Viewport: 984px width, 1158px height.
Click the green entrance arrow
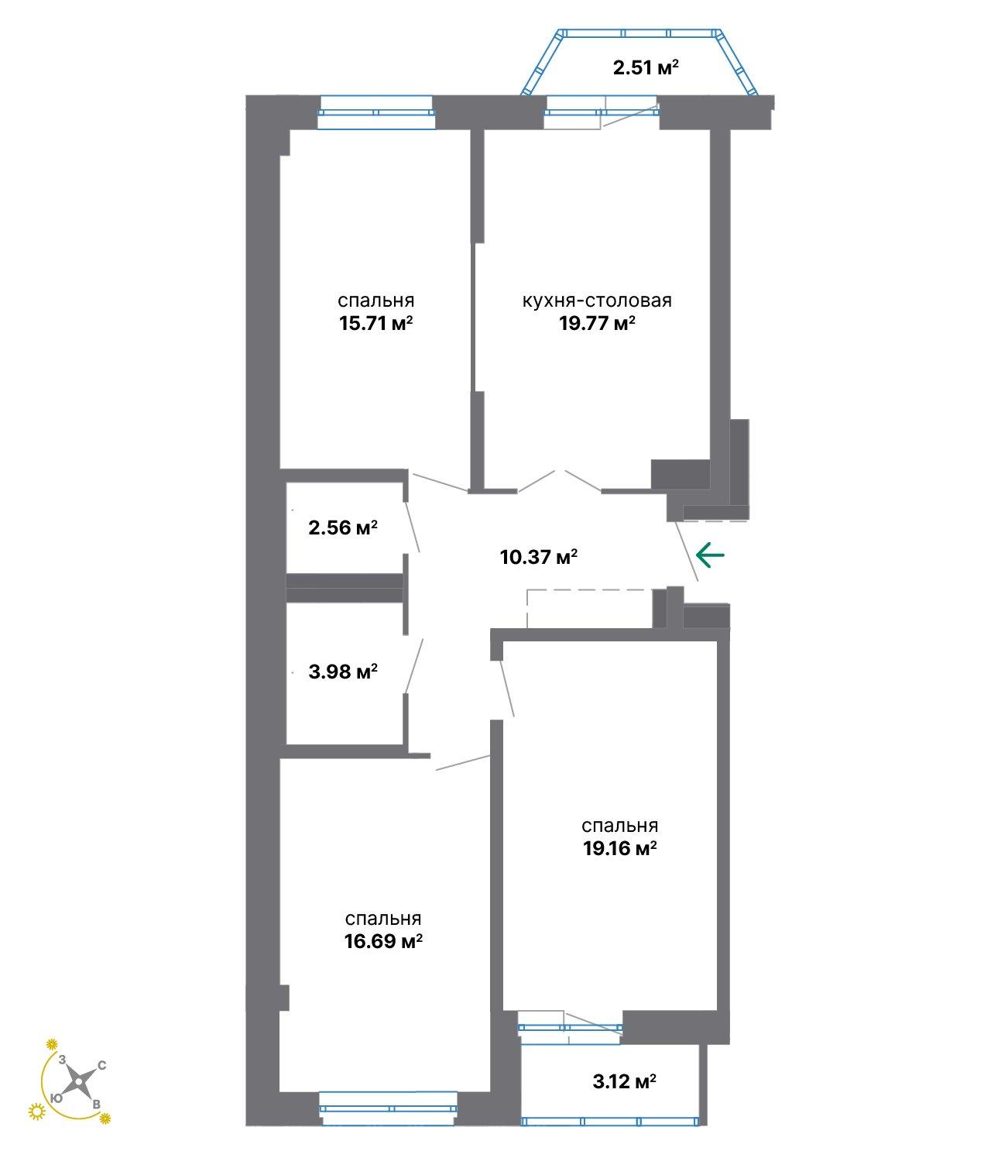point(710,555)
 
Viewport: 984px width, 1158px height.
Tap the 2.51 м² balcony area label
point(646,68)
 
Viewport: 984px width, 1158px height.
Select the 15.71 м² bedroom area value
point(375,323)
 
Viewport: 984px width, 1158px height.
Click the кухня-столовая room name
point(597,301)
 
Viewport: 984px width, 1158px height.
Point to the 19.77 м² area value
point(597,323)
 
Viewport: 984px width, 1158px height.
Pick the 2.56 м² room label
point(343,527)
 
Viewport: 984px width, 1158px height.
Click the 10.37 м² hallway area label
point(539,557)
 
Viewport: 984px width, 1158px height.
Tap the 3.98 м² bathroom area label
point(343,671)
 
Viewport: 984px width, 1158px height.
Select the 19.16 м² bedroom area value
point(619,848)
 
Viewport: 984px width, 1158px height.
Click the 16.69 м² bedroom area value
point(383,940)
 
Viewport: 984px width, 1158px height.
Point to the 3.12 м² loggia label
point(625,1081)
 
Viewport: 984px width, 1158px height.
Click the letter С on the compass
point(102,1065)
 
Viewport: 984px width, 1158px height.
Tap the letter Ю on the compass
point(56,1098)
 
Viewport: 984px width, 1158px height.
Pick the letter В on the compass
point(96,1105)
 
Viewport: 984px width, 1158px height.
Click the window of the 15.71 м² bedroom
point(376,112)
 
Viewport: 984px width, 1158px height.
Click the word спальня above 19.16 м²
point(619,825)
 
